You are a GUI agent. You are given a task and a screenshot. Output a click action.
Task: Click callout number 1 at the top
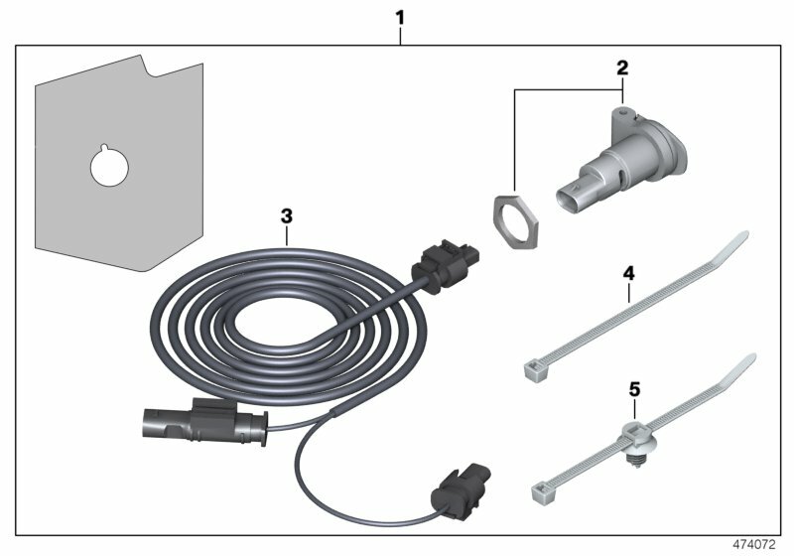[400, 17]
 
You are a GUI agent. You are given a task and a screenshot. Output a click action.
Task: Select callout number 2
[622, 68]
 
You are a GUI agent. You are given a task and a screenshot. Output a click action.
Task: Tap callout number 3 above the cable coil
[286, 213]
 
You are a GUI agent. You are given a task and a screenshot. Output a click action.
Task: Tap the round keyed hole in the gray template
[108, 167]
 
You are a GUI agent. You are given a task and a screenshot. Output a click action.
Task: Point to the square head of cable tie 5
[542, 487]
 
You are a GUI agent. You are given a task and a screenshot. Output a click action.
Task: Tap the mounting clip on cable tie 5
[636, 437]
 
